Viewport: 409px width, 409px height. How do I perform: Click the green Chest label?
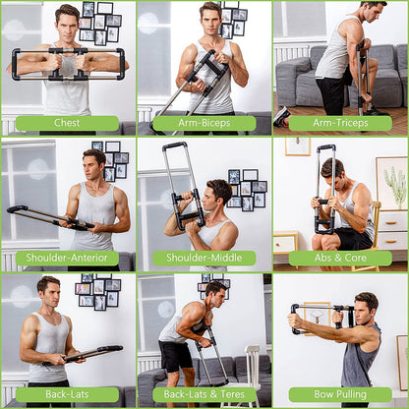pyautogui.click(x=67, y=123)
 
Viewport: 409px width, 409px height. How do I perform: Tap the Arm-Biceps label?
pyautogui.click(x=204, y=123)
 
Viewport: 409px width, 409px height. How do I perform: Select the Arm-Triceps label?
pyautogui.click(x=340, y=123)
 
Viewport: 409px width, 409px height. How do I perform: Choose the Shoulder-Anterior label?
pyautogui.click(x=67, y=259)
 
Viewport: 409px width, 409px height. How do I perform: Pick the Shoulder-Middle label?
pyautogui.click(x=204, y=259)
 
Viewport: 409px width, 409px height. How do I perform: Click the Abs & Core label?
pyautogui.click(x=340, y=259)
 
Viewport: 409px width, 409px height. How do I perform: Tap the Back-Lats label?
pyautogui.click(x=67, y=394)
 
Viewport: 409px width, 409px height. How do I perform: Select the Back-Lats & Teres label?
pyautogui.click(x=204, y=394)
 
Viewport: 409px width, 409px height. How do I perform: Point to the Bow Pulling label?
pyautogui.click(x=340, y=394)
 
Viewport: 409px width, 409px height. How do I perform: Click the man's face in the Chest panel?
pyautogui.click(x=67, y=21)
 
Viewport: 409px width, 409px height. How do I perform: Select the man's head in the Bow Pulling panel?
pyautogui.click(x=366, y=304)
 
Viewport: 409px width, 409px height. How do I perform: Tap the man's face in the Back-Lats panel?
pyautogui.click(x=48, y=292)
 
